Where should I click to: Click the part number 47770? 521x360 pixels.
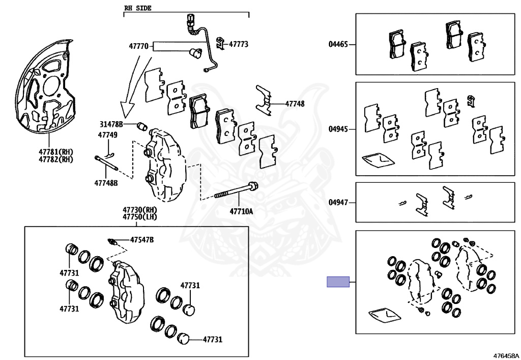point(138,46)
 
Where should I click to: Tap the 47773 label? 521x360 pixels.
point(238,44)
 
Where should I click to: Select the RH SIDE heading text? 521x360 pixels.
point(138,8)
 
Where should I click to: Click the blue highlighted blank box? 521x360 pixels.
point(338,282)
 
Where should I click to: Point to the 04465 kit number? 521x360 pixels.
point(338,44)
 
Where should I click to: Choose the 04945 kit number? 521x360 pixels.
point(338,129)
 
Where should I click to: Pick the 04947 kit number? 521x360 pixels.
point(338,202)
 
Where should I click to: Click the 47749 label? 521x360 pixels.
point(107,135)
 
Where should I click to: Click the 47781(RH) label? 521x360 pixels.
point(56,152)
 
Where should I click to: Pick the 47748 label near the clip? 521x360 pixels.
point(295,104)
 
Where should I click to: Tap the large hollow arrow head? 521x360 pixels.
point(127,109)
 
